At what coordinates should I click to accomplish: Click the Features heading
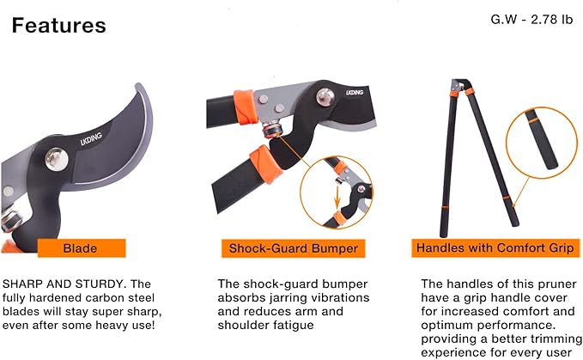point(59,26)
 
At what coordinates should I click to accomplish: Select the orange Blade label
point(80,249)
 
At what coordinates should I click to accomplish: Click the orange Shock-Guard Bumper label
point(292,249)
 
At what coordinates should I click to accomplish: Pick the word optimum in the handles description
point(448,326)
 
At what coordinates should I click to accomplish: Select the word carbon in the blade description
point(96,297)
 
